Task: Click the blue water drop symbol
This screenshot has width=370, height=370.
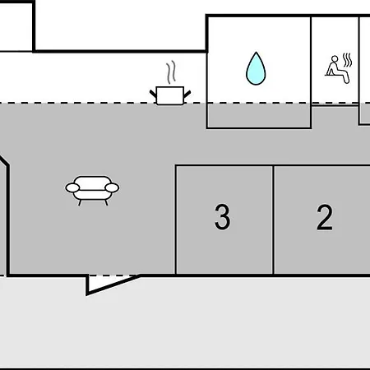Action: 256,68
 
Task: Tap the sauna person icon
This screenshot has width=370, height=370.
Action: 335,70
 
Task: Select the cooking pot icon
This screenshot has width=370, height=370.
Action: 170,95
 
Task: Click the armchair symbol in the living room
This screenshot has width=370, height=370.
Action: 92,190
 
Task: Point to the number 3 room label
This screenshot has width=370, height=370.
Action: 222,216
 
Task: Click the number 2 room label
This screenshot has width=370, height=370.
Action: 325,217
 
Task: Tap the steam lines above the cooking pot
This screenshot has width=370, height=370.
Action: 171,72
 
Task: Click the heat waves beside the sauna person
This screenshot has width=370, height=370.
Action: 347,60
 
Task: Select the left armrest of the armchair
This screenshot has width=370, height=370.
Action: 72,187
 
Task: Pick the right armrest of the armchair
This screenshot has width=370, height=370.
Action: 112,187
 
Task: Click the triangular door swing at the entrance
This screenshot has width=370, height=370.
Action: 109,284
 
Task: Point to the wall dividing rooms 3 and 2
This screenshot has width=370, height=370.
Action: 273,220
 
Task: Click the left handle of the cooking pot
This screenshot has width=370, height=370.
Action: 153,94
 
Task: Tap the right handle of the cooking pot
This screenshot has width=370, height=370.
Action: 187,94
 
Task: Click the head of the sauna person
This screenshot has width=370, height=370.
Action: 335,59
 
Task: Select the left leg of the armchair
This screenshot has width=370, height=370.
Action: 80,203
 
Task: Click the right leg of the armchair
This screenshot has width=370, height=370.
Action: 106,203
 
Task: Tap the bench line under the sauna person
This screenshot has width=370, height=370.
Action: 333,75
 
